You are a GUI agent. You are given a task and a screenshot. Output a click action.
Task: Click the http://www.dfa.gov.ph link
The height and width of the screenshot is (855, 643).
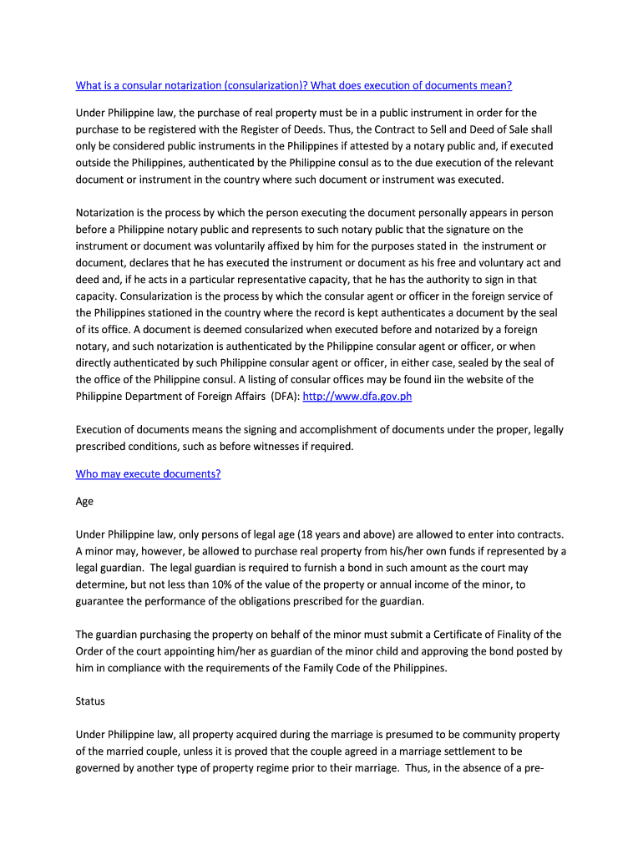click(x=357, y=397)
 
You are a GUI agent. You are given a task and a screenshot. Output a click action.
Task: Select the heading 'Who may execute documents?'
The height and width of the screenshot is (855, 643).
click(x=148, y=474)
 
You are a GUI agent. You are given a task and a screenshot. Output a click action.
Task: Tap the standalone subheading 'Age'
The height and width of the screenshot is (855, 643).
click(x=84, y=502)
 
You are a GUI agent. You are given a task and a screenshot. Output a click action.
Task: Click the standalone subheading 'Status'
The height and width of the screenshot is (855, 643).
click(x=90, y=701)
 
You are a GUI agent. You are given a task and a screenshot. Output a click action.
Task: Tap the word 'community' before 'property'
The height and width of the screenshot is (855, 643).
click(x=483, y=735)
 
